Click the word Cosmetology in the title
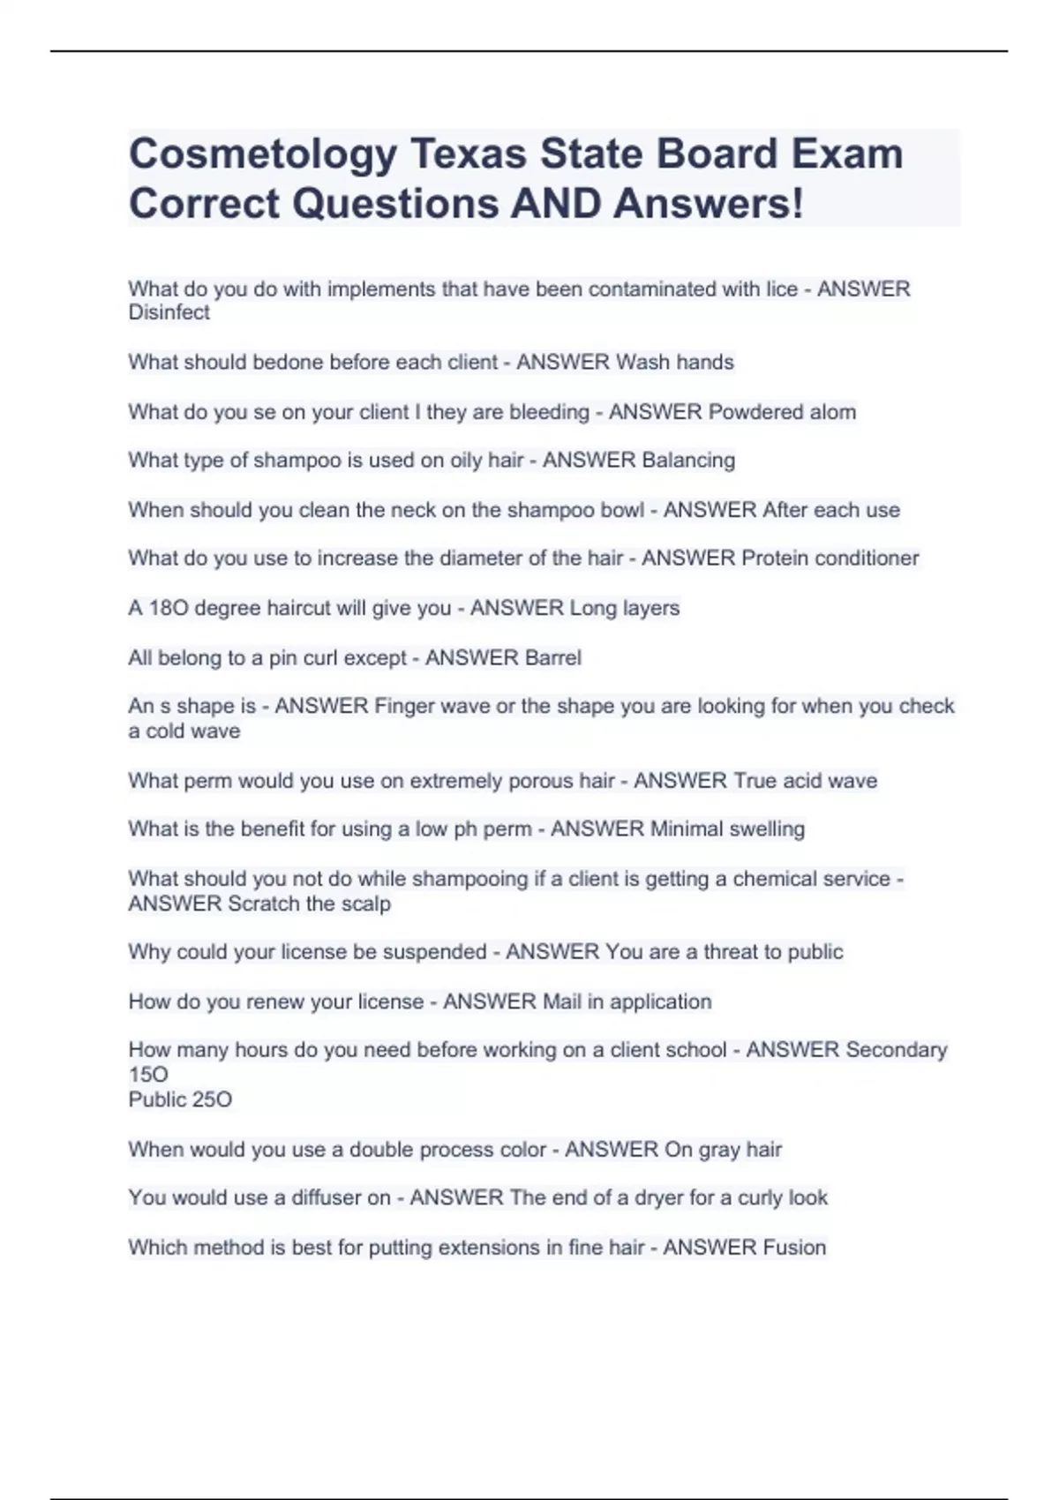pos(263,155)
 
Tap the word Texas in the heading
pos(467,155)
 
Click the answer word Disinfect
pos(169,312)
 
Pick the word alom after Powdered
pos(832,412)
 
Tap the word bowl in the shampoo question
pos(622,510)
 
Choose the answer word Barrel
pos(553,658)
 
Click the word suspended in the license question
pos(432,952)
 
